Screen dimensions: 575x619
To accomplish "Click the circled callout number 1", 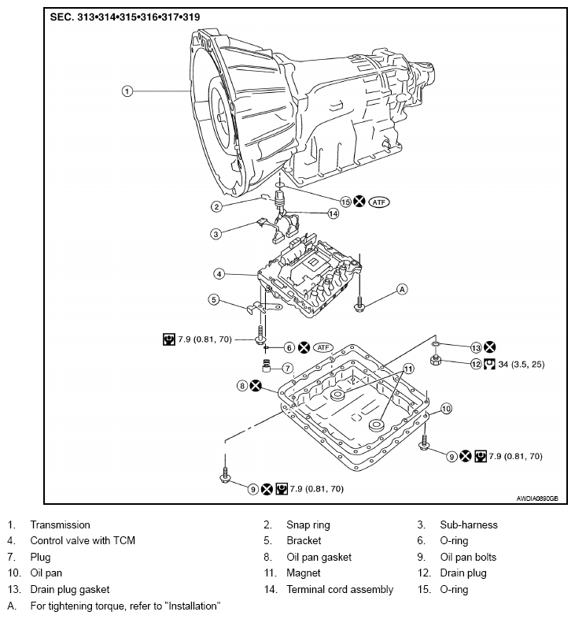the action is [127, 91].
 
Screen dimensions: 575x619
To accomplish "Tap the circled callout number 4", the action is [219, 273].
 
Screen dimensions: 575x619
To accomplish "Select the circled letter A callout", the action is [402, 289].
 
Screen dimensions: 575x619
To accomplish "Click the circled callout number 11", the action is [408, 369].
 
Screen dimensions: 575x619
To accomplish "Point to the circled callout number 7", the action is [288, 368].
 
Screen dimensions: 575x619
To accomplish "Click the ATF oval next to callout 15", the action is [379, 202].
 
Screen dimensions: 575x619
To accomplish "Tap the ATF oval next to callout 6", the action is [323, 347].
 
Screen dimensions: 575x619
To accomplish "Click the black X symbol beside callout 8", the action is [256, 386].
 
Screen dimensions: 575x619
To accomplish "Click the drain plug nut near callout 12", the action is [436, 360].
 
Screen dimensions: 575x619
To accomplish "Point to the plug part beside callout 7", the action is [267, 366].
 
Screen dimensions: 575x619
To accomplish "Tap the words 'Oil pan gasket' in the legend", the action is [319, 557].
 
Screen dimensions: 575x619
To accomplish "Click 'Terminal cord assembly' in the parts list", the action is [340, 589].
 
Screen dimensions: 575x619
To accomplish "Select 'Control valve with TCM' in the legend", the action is [83, 540].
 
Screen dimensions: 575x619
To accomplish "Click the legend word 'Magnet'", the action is [304, 573].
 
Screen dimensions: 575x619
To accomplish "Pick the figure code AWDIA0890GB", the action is [537, 499].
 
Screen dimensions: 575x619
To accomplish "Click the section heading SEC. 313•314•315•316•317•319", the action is [124, 17].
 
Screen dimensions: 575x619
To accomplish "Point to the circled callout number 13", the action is [476, 347].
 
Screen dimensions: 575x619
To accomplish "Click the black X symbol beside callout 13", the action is [489, 347].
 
